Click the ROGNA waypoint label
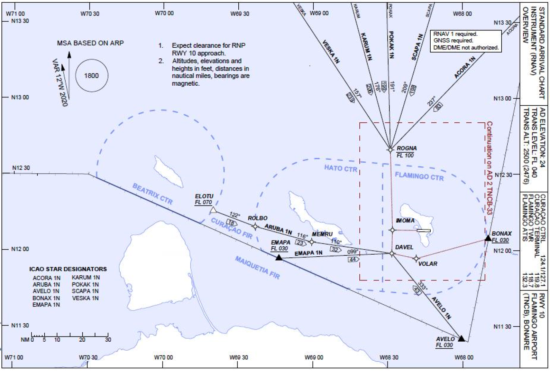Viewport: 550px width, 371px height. pyautogui.click(x=406, y=148)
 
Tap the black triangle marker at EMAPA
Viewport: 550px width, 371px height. pyautogui.click(x=279, y=257)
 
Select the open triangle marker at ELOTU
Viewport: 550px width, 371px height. pyautogui.click(x=213, y=210)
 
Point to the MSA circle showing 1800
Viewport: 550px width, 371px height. pyautogui.click(x=92, y=76)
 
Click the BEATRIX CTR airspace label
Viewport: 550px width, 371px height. pyautogui.click(x=153, y=194)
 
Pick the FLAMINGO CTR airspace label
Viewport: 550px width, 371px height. pyautogui.click(x=419, y=176)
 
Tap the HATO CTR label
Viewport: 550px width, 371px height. pyautogui.click(x=340, y=168)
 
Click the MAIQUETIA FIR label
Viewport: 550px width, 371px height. pyautogui.click(x=257, y=268)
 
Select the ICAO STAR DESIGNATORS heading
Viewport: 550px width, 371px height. pyautogui.click(x=68, y=269)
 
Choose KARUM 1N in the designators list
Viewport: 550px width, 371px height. pyautogui.click(x=86, y=277)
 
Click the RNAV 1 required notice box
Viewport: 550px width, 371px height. pyautogui.click(x=466, y=41)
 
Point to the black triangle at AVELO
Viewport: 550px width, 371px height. pyautogui.click(x=461, y=338)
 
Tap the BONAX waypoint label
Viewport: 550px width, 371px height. pyautogui.click(x=501, y=234)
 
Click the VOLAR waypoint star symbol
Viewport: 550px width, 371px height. pyautogui.click(x=416, y=258)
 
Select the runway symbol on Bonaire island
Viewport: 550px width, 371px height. pyautogui.click(x=423, y=230)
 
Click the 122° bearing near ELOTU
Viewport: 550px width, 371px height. pyautogui.click(x=234, y=215)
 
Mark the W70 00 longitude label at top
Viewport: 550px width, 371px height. pyautogui.click(x=164, y=13)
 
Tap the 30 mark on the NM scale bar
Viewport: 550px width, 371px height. pyautogui.click(x=108, y=340)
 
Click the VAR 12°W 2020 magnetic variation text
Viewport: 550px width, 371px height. pyautogui.click(x=59, y=82)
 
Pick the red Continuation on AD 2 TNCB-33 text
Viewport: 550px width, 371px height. pyautogui.click(x=489, y=168)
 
